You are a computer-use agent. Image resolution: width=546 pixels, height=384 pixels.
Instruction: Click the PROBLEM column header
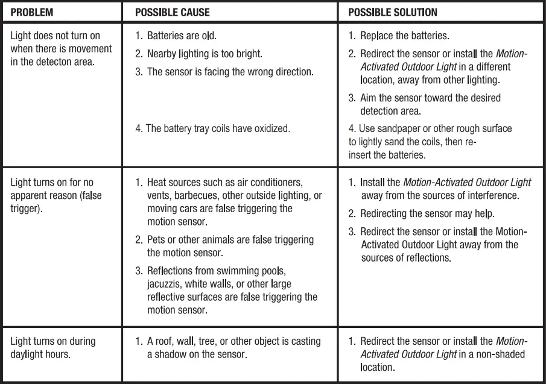(x=31, y=12)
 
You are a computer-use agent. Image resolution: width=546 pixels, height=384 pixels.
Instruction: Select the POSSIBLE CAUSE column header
(x=172, y=12)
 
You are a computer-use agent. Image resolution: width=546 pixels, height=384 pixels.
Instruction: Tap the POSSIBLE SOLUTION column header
(x=393, y=12)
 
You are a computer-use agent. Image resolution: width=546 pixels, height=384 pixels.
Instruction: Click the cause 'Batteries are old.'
(x=182, y=36)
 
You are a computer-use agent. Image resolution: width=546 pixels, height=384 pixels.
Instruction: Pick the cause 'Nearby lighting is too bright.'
(x=205, y=54)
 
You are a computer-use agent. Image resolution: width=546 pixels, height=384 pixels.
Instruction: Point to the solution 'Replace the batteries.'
(x=404, y=36)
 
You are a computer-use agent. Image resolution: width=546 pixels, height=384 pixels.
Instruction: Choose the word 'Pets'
(x=156, y=239)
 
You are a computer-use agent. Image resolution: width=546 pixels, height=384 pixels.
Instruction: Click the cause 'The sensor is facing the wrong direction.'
(x=230, y=72)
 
